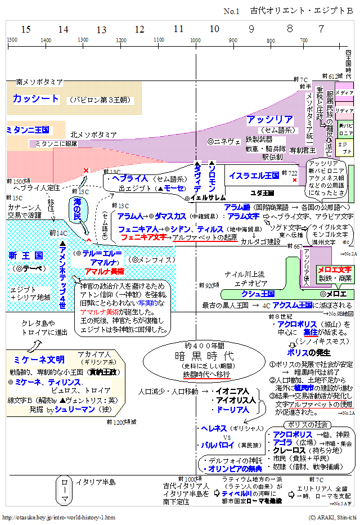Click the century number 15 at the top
(x=26, y=29)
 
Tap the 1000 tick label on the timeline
(x=195, y=41)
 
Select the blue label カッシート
(x=35, y=99)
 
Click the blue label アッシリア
(x=269, y=120)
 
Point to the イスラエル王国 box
(x=254, y=176)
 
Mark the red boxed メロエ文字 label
(x=334, y=270)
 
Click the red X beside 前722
(x=295, y=180)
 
